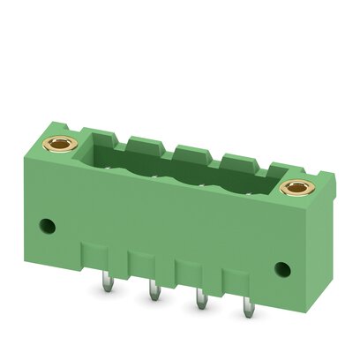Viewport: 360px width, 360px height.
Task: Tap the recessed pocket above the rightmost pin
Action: (x=244, y=284)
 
